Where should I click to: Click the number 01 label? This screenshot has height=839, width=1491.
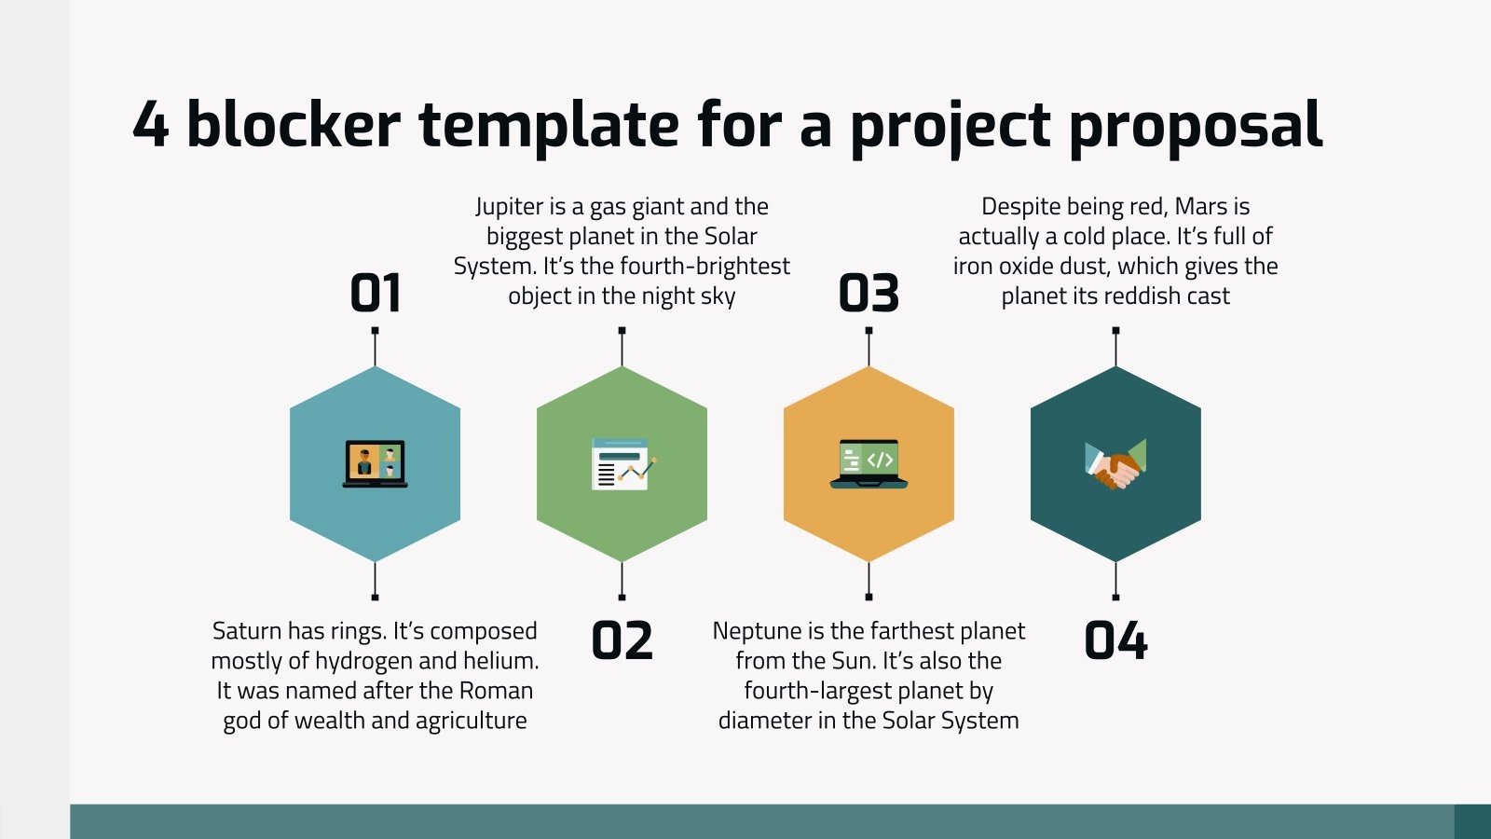pyautogui.click(x=376, y=293)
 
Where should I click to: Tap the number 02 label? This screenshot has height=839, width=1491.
pyautogui.click(x=622, y=640)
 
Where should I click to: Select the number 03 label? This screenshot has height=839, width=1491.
pyautogui.click(x=869, y=293)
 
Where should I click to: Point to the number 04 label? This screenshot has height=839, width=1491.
pyautogui.click(x=1115, y=640)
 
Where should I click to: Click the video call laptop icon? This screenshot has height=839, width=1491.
pyautogui.click(x=375, y=464)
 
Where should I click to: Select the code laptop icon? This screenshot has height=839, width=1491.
pyautogui.click(x=869, y=464)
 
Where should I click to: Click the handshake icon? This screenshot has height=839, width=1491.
pyautogui.click(x=1115, y=464)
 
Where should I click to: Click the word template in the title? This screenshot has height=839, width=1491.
pyautogui.click(x=549, y=126)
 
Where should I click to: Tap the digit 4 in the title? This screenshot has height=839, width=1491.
pyautogui.click(x=150, y=123)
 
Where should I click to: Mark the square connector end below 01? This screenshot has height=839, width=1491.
pyautogui.click(x=375, y=598)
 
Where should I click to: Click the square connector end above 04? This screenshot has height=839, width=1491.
pyautogui.click(x=1115, y=330)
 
